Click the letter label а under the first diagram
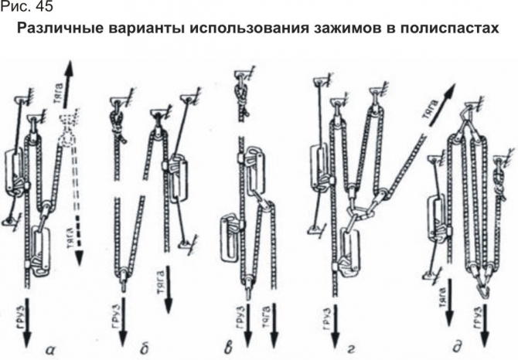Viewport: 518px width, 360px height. click(x=48, y=349)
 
